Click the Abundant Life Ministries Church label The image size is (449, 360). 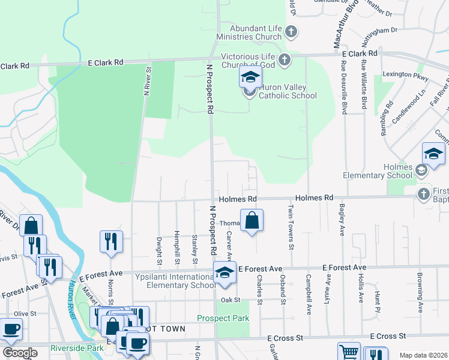251,32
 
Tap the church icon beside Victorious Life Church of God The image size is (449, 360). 285,59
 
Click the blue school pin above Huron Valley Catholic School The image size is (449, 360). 250,77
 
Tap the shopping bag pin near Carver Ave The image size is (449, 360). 252,220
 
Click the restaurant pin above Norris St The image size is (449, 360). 111,241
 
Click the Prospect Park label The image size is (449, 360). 223,318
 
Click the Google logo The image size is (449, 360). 20,353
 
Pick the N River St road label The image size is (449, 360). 146,81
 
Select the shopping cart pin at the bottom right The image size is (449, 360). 349,352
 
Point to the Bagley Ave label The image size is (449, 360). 342,218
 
